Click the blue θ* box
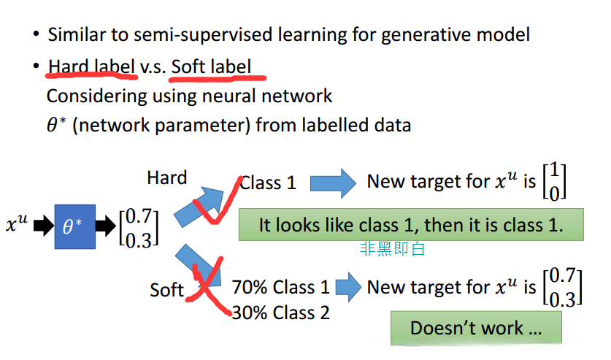tap(74, 226)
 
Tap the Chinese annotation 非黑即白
tap(392, 248)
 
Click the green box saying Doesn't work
tap(476, 328)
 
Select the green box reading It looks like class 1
tap(411, 225)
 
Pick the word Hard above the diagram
tap(166, 177)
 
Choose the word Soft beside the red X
tap(166, 290)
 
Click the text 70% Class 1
tap(280, 288)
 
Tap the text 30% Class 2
tap(280, 313)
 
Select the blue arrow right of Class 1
tap(333, 183)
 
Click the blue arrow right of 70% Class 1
tap(348, 287)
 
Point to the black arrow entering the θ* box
tap(44, 226)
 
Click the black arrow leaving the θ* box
tap(106, 226)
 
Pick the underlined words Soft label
tap(211, 66)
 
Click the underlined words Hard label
tap(91, 66)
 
